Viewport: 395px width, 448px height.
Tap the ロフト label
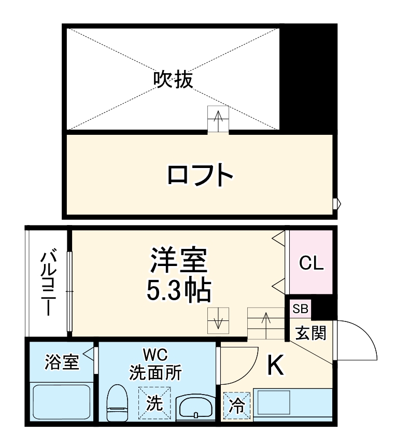[x=200, y=176]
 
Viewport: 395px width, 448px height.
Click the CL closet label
[x=312, y=263]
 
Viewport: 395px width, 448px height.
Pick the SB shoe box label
[x=300, y=310]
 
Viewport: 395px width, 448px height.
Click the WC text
[x=155, y=356]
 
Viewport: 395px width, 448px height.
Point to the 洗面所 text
[x=155, y=373]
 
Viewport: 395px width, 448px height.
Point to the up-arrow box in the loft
[x=218, y=119]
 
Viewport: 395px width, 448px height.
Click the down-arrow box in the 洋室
[x=218, y=320]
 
